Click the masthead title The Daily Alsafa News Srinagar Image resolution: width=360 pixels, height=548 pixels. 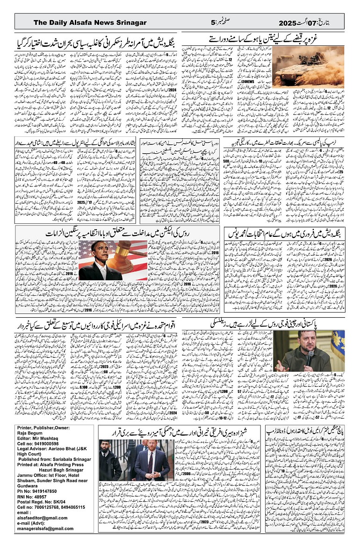coord(90,23)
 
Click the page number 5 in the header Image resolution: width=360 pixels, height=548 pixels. coord(213,23)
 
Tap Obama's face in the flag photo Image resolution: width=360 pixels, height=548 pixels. coord(98,255)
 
